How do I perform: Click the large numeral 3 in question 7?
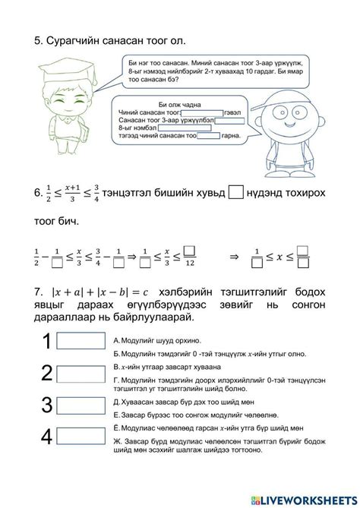click(x=46, y=404)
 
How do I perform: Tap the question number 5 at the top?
click(x=37, y=37)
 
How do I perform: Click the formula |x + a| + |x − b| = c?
click(x=105, y=293)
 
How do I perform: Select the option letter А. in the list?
click(x=115, y=341)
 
